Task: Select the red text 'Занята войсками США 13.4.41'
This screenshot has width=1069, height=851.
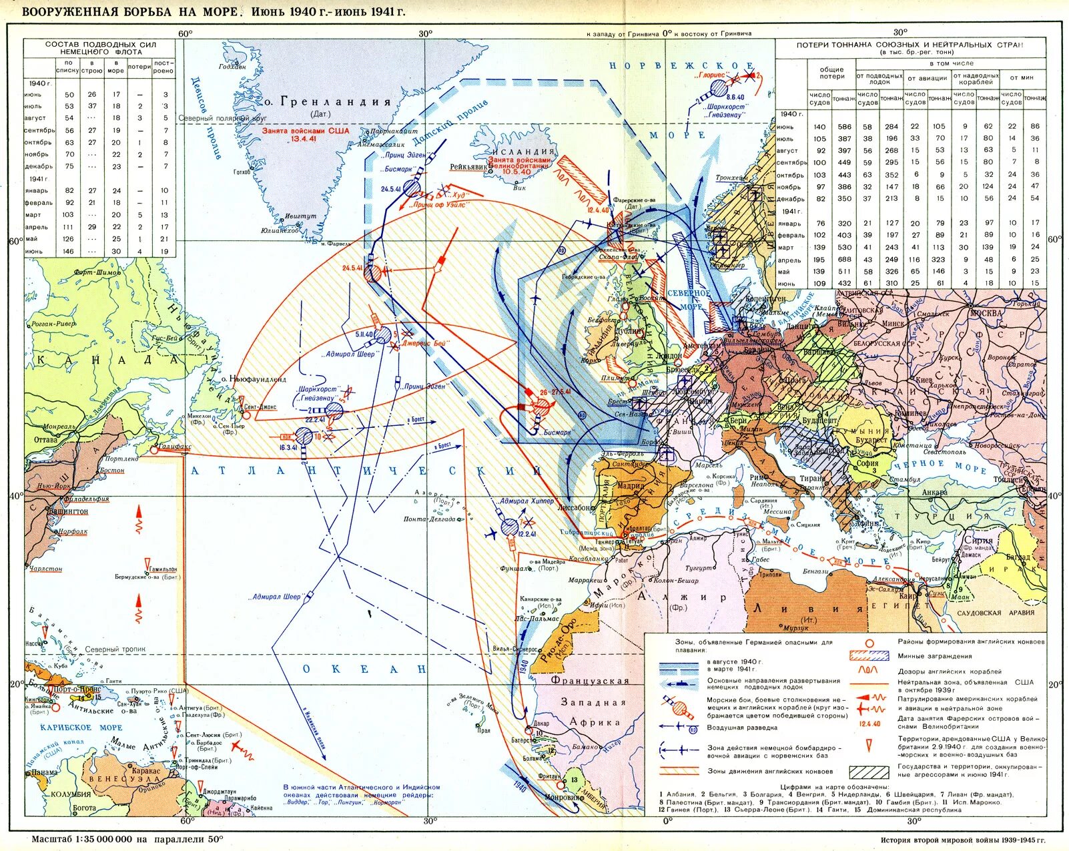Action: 306,135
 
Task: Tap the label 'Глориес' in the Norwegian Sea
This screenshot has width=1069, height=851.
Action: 712,76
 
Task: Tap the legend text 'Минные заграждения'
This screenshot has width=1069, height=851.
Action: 925,656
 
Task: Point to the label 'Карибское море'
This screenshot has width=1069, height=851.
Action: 81,728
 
